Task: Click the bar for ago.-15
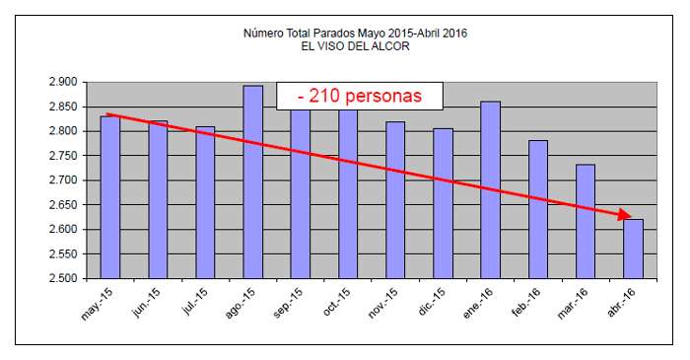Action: (253, 182)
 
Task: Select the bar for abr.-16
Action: (633, 249)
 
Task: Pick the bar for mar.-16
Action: (586, 221)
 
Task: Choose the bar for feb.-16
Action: (538, 209)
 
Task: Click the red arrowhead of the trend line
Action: (622, 214)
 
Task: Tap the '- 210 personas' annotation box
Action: (360, 96)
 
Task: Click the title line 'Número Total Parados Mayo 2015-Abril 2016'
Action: (355, 34)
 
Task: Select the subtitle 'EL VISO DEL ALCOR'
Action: (355, 46)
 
